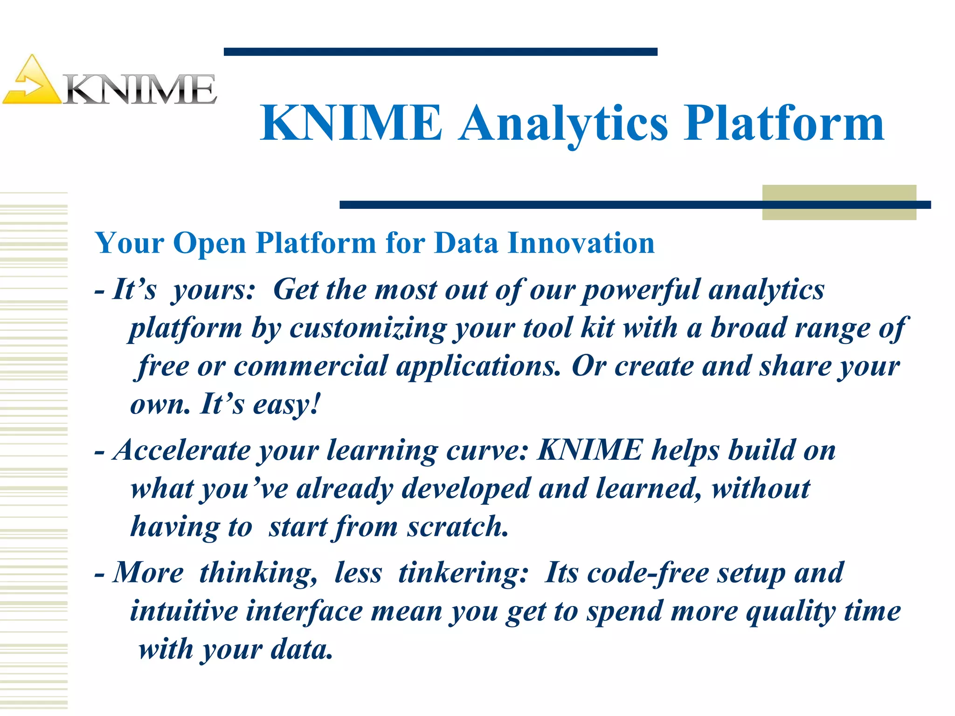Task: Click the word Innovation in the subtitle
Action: click(581, 243)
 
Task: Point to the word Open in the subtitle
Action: click(209, 244)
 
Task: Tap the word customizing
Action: click(368, 329)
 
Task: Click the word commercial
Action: click(310, 366)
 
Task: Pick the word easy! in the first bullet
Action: click(287, 405)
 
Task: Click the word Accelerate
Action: click(182, 450)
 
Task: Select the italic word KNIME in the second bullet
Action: click(589, 450)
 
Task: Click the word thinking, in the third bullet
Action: click(259, 573)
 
